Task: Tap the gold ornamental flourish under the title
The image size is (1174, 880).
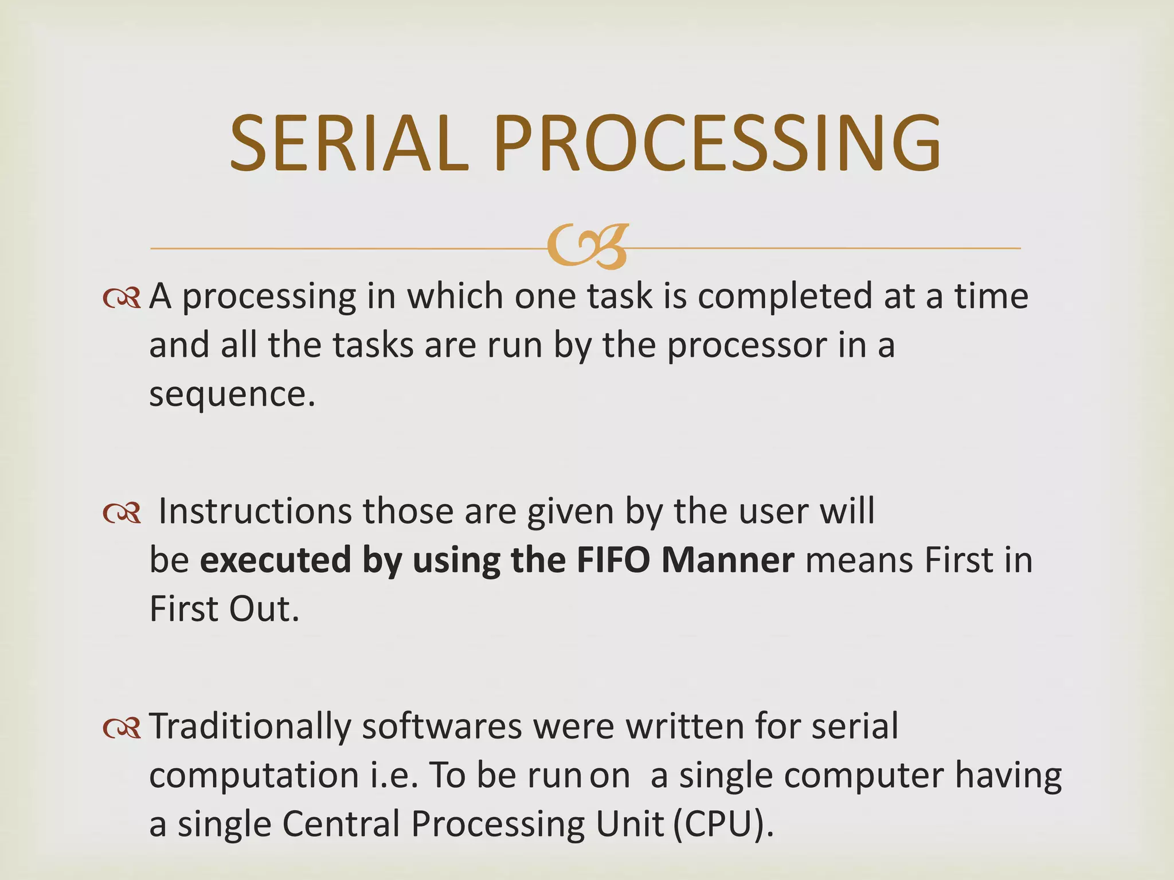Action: (588, 246)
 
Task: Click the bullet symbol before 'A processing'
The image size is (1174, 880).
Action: (122, 298)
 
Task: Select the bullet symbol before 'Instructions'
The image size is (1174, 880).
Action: (122, 512)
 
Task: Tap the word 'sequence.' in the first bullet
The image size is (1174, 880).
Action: (232, 395)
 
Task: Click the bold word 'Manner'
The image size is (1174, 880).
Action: (727, 560)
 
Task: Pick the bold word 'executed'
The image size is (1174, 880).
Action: (275, 560)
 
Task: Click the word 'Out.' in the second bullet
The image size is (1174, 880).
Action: (264, 609)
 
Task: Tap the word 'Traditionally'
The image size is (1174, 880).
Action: (249, 726)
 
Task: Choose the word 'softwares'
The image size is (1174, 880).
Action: (442, 726)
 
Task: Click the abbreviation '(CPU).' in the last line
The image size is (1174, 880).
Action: (723, 825)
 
